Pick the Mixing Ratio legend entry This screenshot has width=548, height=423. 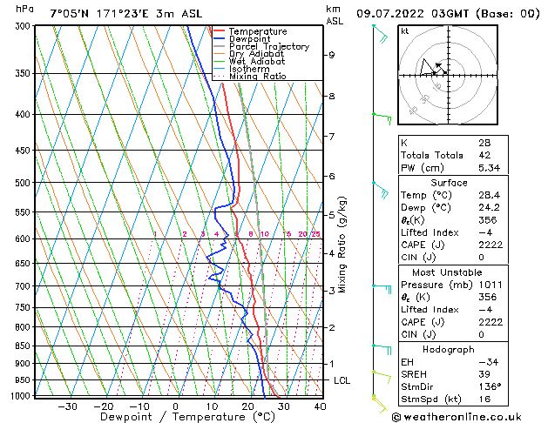coord(257,77)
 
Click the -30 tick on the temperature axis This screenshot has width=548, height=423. coord(66,406)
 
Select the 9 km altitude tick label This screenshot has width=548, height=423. coord(332,55)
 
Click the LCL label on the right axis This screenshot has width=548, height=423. coord(342,380)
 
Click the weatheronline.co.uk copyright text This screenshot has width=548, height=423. coord(466,416)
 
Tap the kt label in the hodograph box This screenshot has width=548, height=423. coord(405,31)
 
